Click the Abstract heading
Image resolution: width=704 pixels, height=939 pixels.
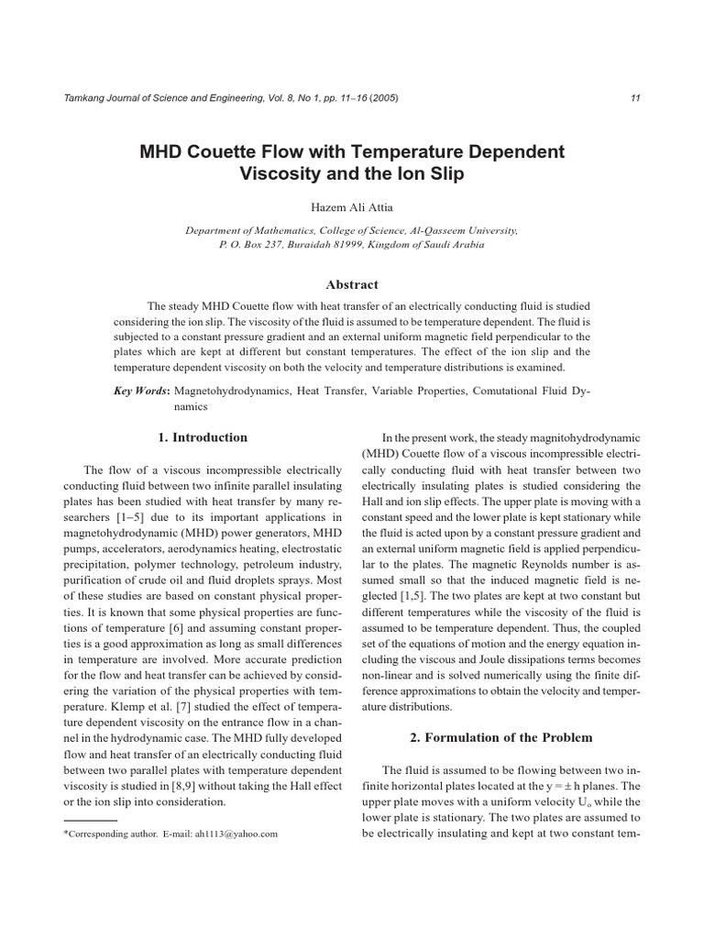pos(351,285)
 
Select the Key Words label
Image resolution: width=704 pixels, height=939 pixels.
pos(141,391)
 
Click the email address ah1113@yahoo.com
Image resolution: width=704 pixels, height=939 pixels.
pos(236,834)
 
